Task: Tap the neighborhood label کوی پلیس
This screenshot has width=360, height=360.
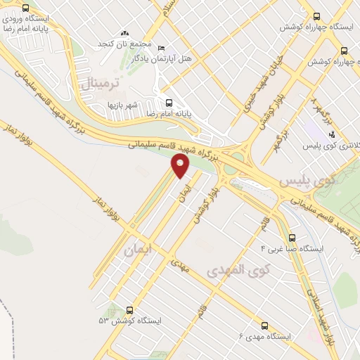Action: tap(304, 181)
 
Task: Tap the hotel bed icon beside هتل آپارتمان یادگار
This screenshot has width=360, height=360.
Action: tap(162, 47)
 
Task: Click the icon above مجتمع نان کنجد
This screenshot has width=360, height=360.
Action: tap(125, 33)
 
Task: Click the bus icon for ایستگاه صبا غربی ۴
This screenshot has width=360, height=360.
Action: tap(292, 238)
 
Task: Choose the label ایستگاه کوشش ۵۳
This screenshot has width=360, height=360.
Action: tap(130, 321)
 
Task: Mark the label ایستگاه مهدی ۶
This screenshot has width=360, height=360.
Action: tap(264, 337)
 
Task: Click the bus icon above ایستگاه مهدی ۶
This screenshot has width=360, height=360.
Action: tap(264, 326)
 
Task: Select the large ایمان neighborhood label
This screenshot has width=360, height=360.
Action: tap(137, 250)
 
